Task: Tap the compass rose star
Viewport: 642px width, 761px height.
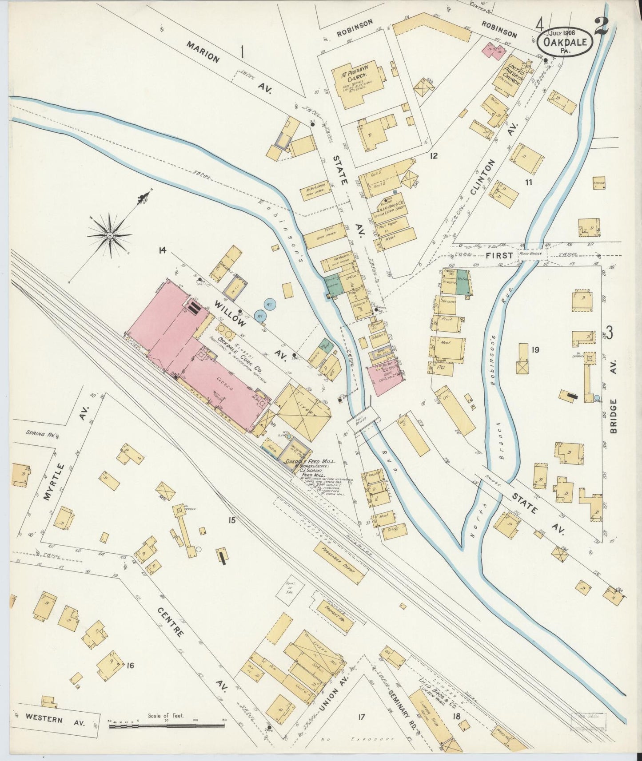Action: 109,234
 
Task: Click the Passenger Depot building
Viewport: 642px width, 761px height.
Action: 339,562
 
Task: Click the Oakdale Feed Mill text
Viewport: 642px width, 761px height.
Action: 310,461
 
